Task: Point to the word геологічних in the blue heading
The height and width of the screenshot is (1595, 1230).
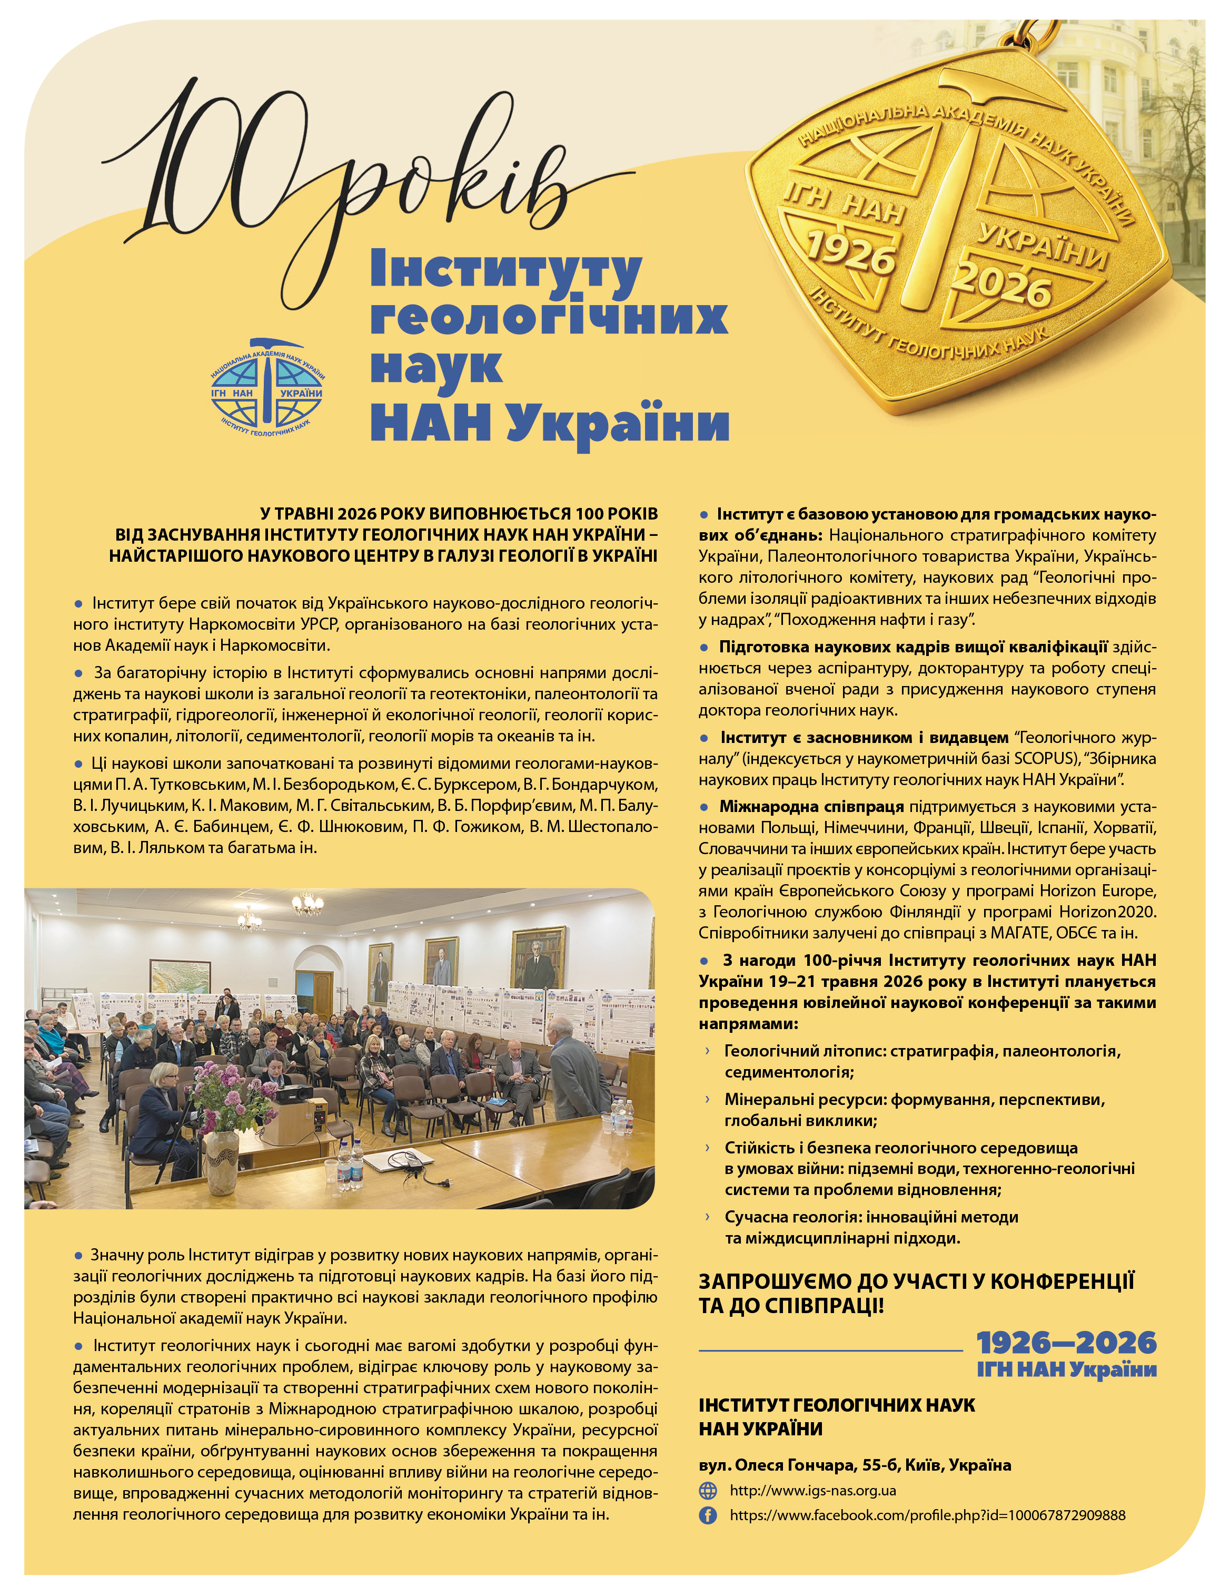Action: (x=549, y=317)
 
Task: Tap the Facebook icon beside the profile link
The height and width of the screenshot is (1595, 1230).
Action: (x=707, y=1515)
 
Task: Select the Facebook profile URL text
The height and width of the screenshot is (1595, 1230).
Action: (x=927, y=1515)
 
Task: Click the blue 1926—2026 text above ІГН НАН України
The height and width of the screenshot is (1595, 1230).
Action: (x=1066, y=1342)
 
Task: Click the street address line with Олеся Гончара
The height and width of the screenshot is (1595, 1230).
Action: (x=854, y=1465)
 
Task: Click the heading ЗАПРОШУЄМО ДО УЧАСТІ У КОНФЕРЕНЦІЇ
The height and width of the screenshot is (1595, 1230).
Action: (x=916, y=1281)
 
